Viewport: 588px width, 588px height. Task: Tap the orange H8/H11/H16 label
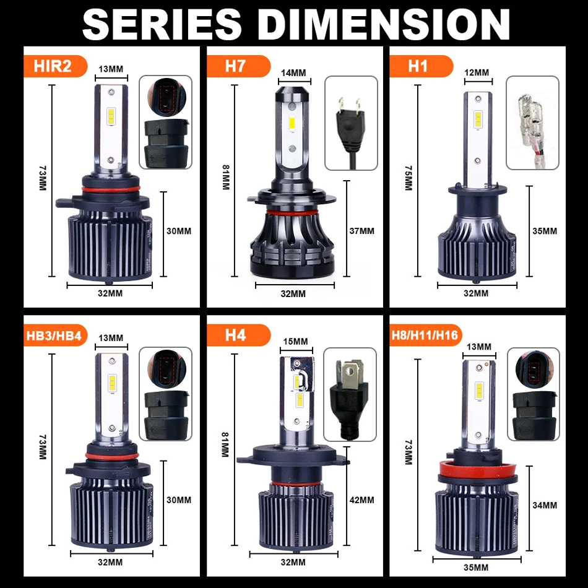pos(425,335)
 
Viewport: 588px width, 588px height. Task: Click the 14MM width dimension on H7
pos(293,73)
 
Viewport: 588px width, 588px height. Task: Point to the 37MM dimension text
pos(361,231)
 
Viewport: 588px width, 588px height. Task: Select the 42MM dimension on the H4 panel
pos(361,499)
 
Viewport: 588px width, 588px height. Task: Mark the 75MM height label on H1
pos(408,178)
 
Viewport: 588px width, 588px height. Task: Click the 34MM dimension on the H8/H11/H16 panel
pos(545,505)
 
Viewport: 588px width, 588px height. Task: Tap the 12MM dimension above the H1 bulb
pos(477,72)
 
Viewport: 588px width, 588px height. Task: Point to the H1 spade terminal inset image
pos(532,123)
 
